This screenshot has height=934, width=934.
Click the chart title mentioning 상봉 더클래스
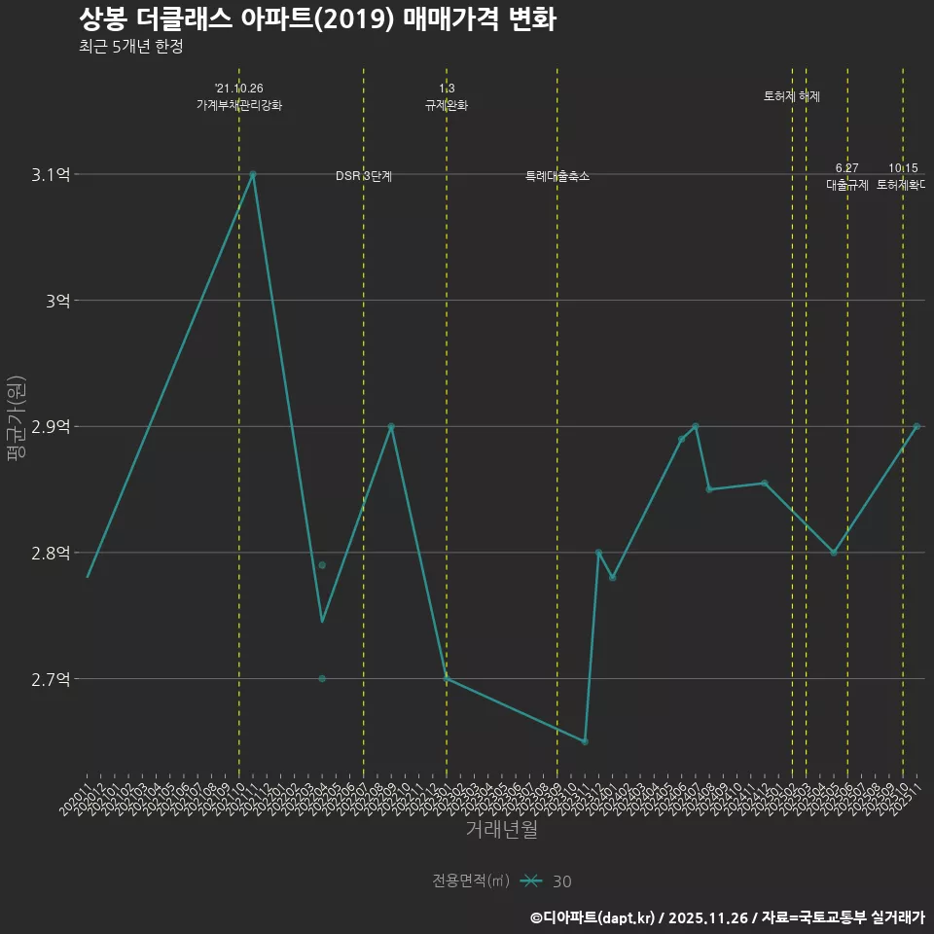[x=317, y=19]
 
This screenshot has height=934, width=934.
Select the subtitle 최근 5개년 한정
[x=130, y=47]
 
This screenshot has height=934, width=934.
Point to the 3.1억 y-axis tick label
[x=51, y=175]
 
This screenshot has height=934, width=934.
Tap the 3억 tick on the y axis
[x=57, y=301]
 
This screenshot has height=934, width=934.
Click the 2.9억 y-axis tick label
[x=51, y=427]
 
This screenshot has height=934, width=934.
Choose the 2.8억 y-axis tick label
[x=51, y=553]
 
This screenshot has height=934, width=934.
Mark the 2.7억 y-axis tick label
[x=51, y=679]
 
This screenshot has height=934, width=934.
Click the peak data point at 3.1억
[x=253, y=174]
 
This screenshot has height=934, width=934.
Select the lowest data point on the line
[x=585, y=742]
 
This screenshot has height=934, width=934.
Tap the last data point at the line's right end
[x=916, y=426]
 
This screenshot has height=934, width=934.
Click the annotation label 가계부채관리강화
[x=239, y=105]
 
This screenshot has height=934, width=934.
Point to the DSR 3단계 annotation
[x=364, y=176]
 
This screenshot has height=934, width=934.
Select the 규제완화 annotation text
[x=447, y=105]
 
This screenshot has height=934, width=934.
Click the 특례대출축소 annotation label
[x=557, y=176]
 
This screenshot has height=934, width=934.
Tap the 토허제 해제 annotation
[x=792, y=96]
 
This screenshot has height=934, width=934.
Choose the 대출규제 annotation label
[x=847, y=184]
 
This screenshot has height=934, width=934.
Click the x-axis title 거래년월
[x=501, y=830]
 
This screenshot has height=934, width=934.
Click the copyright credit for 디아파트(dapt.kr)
[x=594, y=917]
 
